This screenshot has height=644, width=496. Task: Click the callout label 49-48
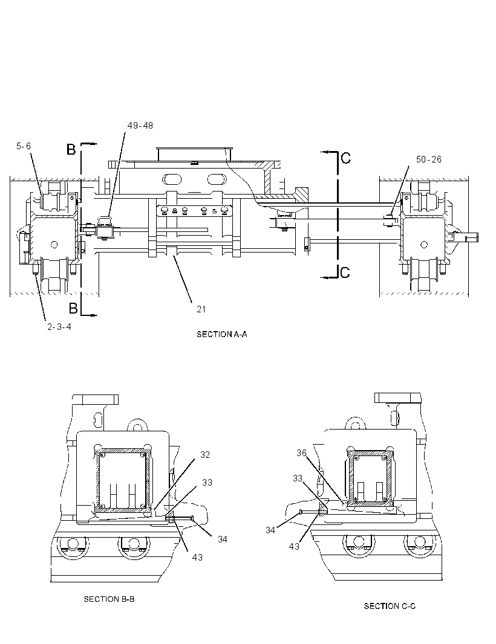[x=140, y=126]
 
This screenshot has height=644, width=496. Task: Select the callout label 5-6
[x=24, y=146]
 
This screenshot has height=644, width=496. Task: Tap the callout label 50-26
[x=428, y=159]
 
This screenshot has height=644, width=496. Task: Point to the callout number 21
[x=201, y=309]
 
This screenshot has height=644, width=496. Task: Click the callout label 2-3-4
[x=59, y=327]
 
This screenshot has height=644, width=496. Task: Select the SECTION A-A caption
[x=221, y=334]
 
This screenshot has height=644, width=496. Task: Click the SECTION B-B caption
[x=109, y=599]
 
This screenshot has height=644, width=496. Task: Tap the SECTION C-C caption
[x=390, y=606]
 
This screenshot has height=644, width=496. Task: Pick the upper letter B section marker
[x=71, y=149]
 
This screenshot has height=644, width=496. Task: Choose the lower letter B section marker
[x=73, y=308]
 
